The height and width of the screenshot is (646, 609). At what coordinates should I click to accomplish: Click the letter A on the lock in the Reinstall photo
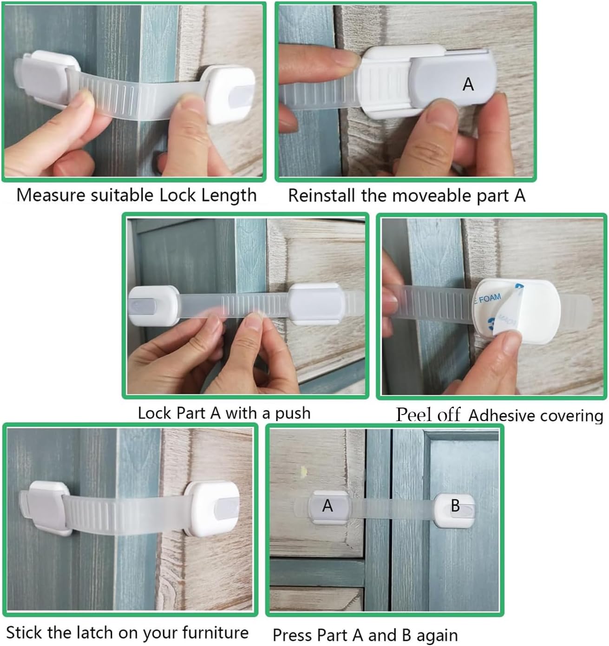pos(468,84)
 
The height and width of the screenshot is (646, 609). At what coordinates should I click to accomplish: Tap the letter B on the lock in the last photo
pos(455,505)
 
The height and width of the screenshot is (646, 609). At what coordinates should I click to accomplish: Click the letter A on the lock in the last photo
pos(327,505)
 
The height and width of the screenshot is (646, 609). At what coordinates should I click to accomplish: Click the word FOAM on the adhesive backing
pos(489,298)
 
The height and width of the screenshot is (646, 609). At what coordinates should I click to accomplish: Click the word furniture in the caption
pos(215,632)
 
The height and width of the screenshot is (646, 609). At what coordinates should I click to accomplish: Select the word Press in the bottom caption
pos(290,635)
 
